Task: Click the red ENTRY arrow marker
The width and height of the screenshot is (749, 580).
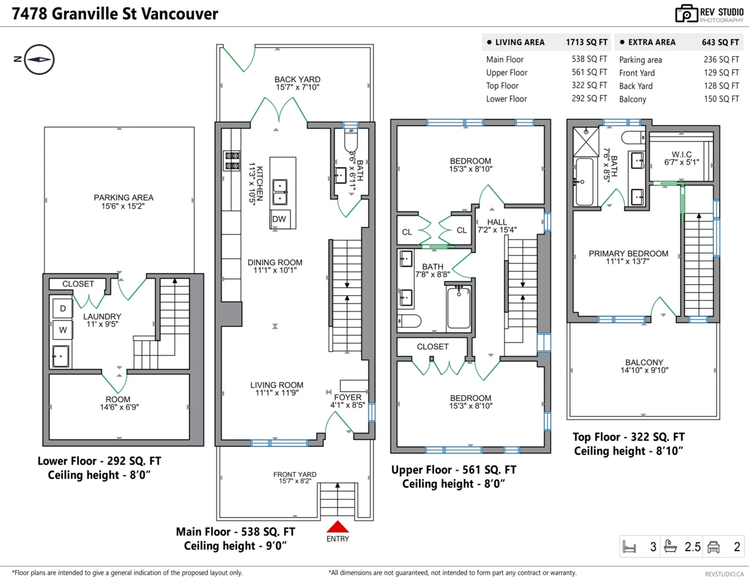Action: [x=337, y=527]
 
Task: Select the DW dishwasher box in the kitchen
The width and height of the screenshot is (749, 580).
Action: [x=279, y=219]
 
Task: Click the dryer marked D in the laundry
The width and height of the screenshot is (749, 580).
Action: [x=62, y=308]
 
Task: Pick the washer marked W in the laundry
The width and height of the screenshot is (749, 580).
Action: [x=62, y=330]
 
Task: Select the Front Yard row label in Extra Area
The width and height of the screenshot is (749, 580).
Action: [x=637, y=73]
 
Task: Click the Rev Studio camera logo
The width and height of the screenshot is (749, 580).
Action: [x=685, y=14]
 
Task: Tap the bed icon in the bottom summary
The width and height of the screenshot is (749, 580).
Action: [x=630, y=548]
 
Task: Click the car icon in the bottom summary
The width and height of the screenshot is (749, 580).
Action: [x=713, y=548]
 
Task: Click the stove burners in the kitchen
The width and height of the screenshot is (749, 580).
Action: [x=232, y=161]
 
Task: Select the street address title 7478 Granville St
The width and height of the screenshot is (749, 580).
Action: [x=115, y=14]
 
